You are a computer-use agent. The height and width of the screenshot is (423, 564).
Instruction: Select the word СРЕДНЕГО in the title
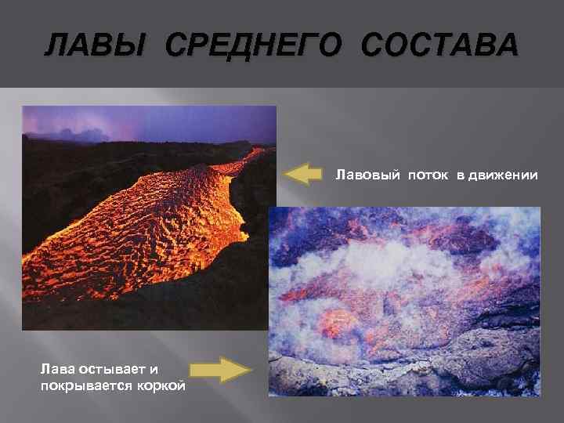click(x=253, y=45)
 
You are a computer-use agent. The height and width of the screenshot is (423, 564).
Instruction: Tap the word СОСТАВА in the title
click(x=439, y=45)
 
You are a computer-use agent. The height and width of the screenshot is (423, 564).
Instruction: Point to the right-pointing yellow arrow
click(x=222, y=369)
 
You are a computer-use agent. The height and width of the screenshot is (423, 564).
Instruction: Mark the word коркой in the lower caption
click(x=160, y=384)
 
